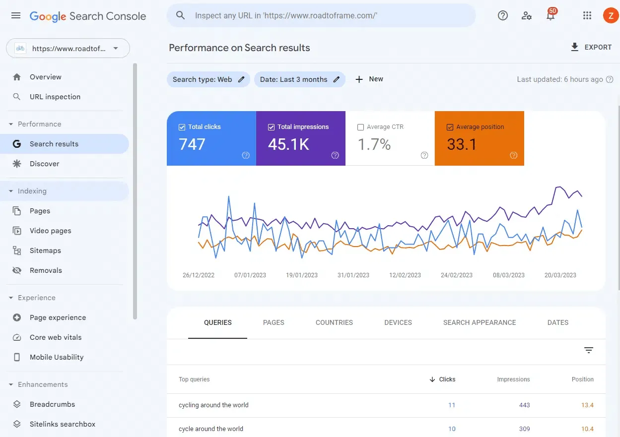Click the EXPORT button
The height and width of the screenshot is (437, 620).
[591, 47]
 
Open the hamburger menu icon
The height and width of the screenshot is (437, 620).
[16, 16]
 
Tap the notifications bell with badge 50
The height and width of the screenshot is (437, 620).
[551, 16]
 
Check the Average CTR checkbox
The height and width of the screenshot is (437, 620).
[361, 127]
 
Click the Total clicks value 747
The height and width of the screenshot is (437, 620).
[192, 144]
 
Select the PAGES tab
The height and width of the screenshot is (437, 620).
[274, 322]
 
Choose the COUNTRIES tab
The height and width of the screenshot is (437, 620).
[334, 322]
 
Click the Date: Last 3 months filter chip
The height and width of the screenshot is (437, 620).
[299, 79]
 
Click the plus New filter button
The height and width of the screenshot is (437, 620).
[369, 79]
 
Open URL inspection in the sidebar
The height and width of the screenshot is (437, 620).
[55, 97]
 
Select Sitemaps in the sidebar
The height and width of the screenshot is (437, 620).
[45, 250]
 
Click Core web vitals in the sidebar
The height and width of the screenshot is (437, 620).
[56, 337]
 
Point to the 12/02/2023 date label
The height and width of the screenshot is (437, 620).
[405, 275]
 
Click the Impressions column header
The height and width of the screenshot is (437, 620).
[513, 379]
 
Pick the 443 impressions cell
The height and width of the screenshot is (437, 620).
[524, 405]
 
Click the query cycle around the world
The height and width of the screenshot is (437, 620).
[211, 429]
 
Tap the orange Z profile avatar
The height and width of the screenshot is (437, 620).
[610, 16]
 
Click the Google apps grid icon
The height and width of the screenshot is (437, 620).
[587, 16]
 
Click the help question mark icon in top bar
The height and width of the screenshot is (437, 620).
[503, 16]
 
